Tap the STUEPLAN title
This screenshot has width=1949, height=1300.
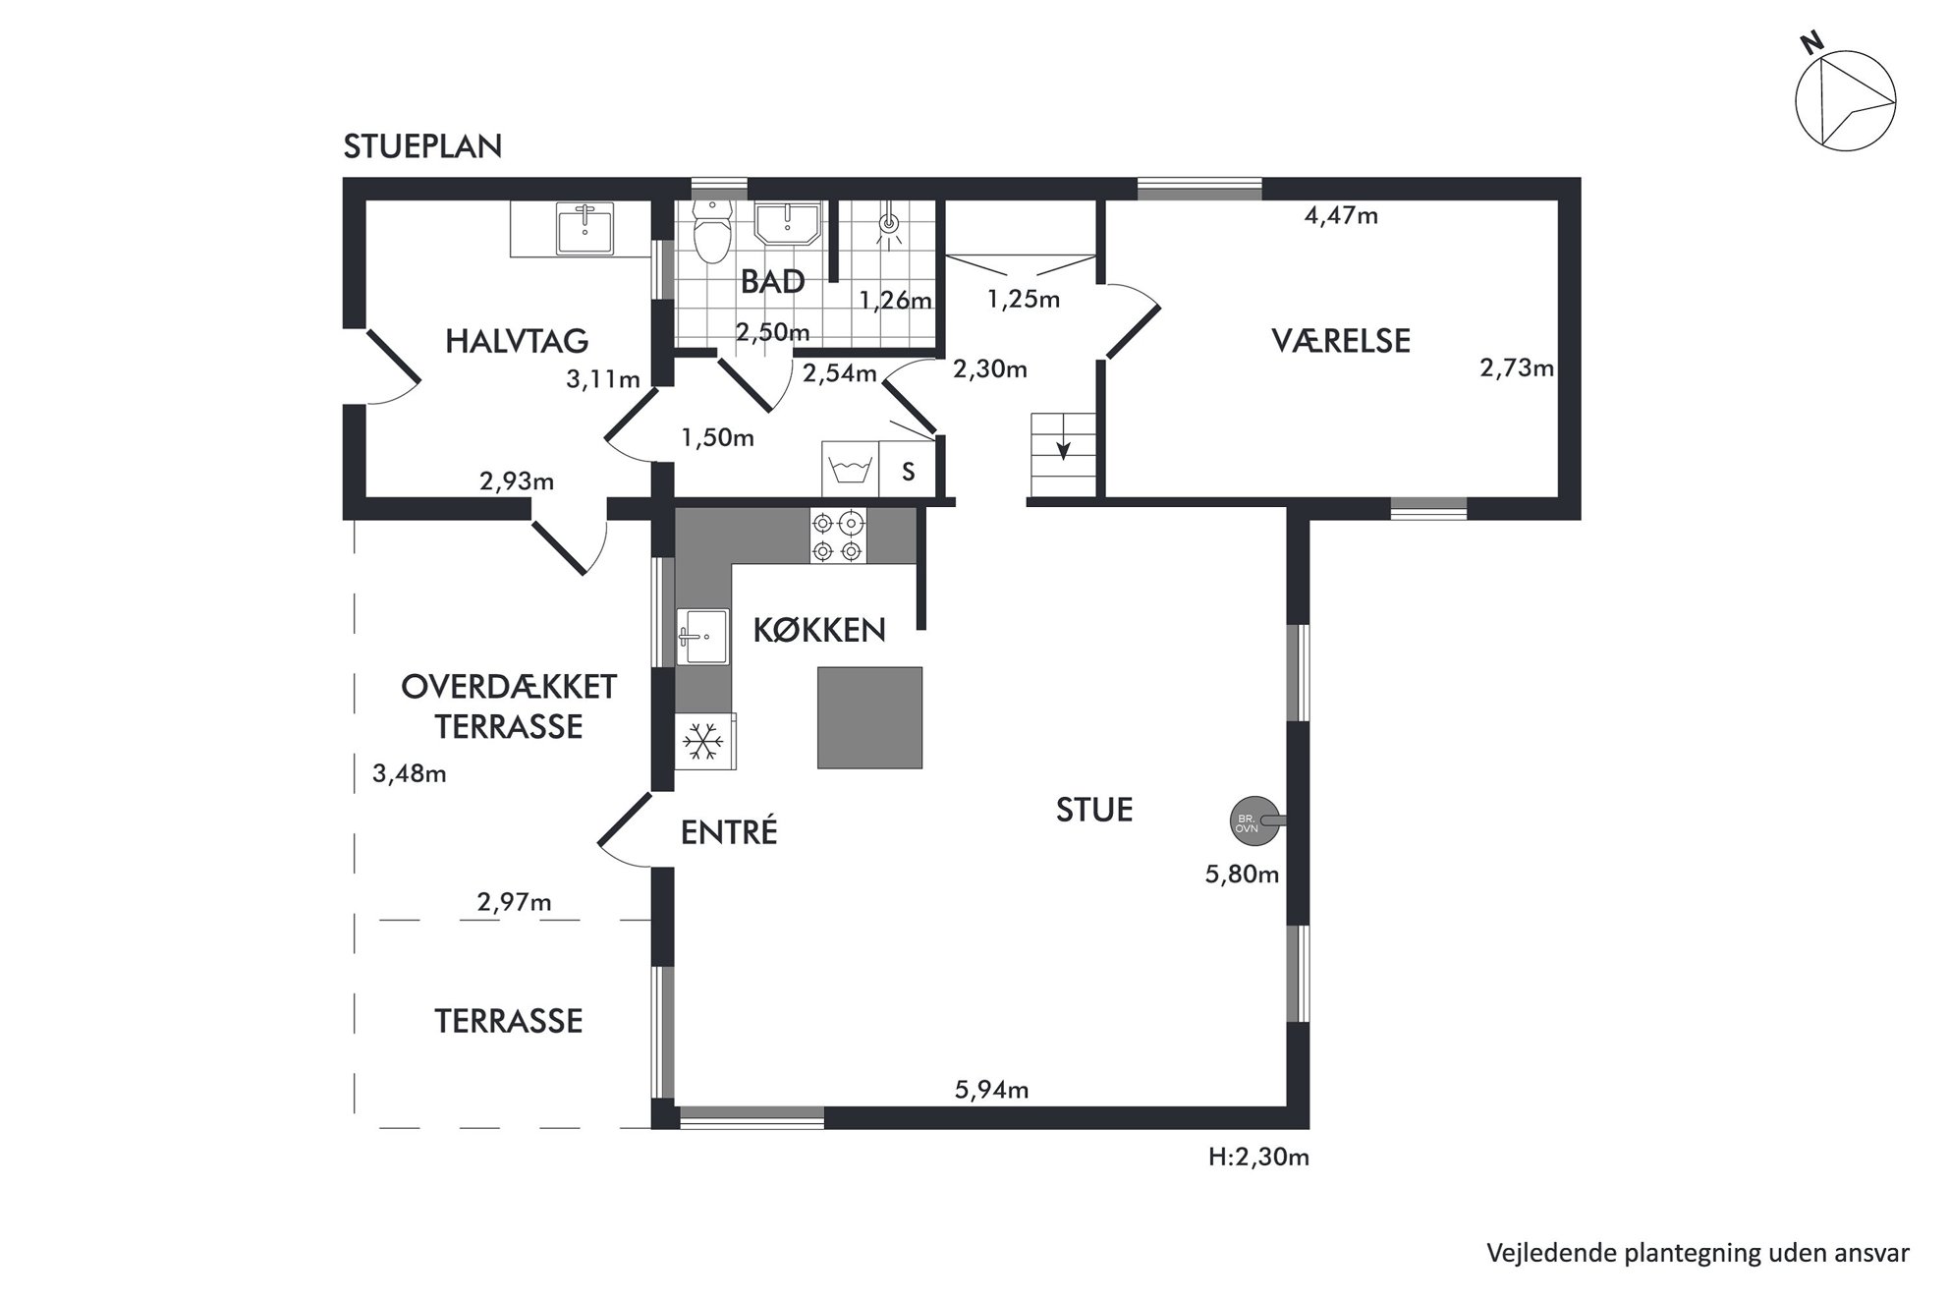[422, 146]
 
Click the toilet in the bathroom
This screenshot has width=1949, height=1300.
[711, 232]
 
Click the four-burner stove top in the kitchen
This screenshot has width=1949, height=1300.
[837, 536]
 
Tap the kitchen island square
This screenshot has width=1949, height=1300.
[869, 717]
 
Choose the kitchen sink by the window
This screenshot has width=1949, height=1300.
[702, 637]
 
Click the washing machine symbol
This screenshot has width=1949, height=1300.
[851, 469]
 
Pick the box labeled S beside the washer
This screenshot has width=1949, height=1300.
[908, 470]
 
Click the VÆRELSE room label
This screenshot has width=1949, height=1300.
[1341, 341]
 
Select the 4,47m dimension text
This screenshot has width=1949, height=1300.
[1341, 216]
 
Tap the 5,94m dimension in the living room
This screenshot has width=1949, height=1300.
[991, 1089]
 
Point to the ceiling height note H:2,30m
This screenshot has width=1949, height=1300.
[1258, 1157]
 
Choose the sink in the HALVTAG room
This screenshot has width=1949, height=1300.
[585, 227]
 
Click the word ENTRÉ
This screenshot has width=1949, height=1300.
[729, 832]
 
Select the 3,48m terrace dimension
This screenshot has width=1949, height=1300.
[410, 774]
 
